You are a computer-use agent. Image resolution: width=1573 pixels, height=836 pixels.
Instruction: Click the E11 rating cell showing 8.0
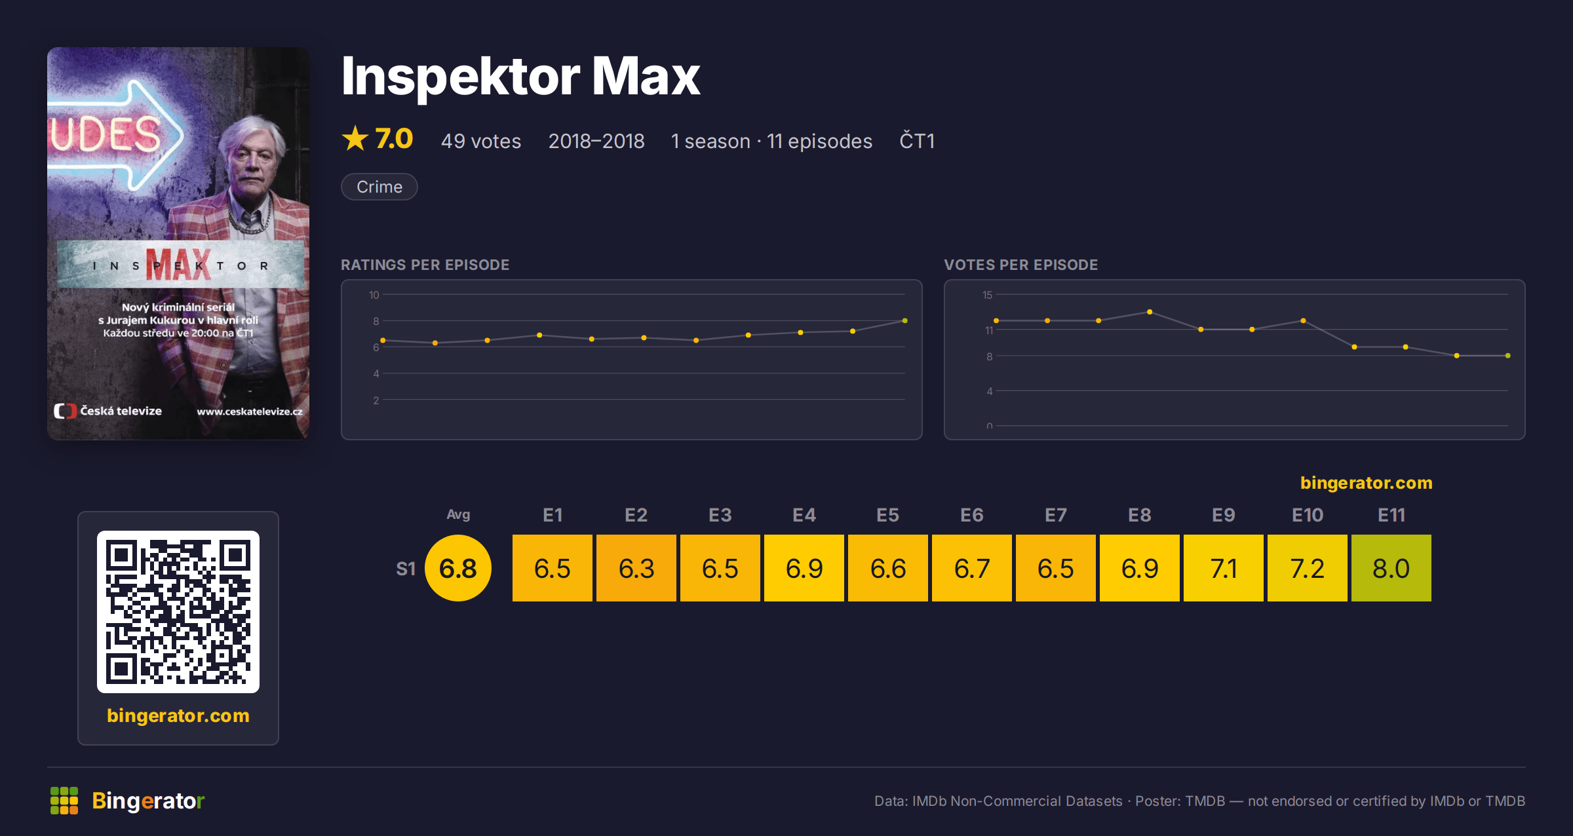(x=1391, y=568)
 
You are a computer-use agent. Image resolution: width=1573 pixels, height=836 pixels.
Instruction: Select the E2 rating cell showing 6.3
(x=636, y=568)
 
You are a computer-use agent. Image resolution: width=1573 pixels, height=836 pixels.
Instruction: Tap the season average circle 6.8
(x=458, y=568)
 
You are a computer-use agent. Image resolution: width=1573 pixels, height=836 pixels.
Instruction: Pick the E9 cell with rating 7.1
(x=1224, y=568)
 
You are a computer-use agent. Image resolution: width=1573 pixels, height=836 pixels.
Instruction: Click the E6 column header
(x=972, y=515)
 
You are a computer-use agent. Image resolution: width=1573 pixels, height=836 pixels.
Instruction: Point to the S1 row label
(x=406, y=569)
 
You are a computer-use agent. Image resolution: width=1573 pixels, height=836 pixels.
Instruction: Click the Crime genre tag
(x=379, y=187)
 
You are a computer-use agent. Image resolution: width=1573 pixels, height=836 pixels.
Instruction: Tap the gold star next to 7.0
(x=355, y=138)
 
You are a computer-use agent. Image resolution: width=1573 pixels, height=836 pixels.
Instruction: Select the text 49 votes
(x=481, y=141)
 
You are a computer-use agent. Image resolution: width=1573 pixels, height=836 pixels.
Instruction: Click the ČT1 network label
(x=917, y=140)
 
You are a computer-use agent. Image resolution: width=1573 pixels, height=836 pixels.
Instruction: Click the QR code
(x=178, y=612)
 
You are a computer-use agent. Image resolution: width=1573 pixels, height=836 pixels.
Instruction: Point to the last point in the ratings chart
(x=905, y=320)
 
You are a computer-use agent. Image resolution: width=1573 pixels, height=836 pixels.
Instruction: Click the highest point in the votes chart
(x=1150, y=312)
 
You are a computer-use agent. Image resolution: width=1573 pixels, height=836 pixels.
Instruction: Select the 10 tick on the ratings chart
(x=374, y=295)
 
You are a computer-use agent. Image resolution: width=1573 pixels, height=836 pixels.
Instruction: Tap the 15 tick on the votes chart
(x=987, y=295)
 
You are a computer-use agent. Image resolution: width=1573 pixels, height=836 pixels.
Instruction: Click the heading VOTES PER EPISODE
(x=1020, y=265)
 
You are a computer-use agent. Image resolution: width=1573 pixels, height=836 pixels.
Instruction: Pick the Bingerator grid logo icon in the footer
(x=64, y=801)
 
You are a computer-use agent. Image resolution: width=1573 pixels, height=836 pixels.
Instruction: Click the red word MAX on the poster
(x=178, y=265)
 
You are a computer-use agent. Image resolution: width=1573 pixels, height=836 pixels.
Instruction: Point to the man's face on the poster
(x=252, y=161)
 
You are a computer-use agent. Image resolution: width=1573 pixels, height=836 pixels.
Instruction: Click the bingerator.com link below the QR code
(x=178, y=715)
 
